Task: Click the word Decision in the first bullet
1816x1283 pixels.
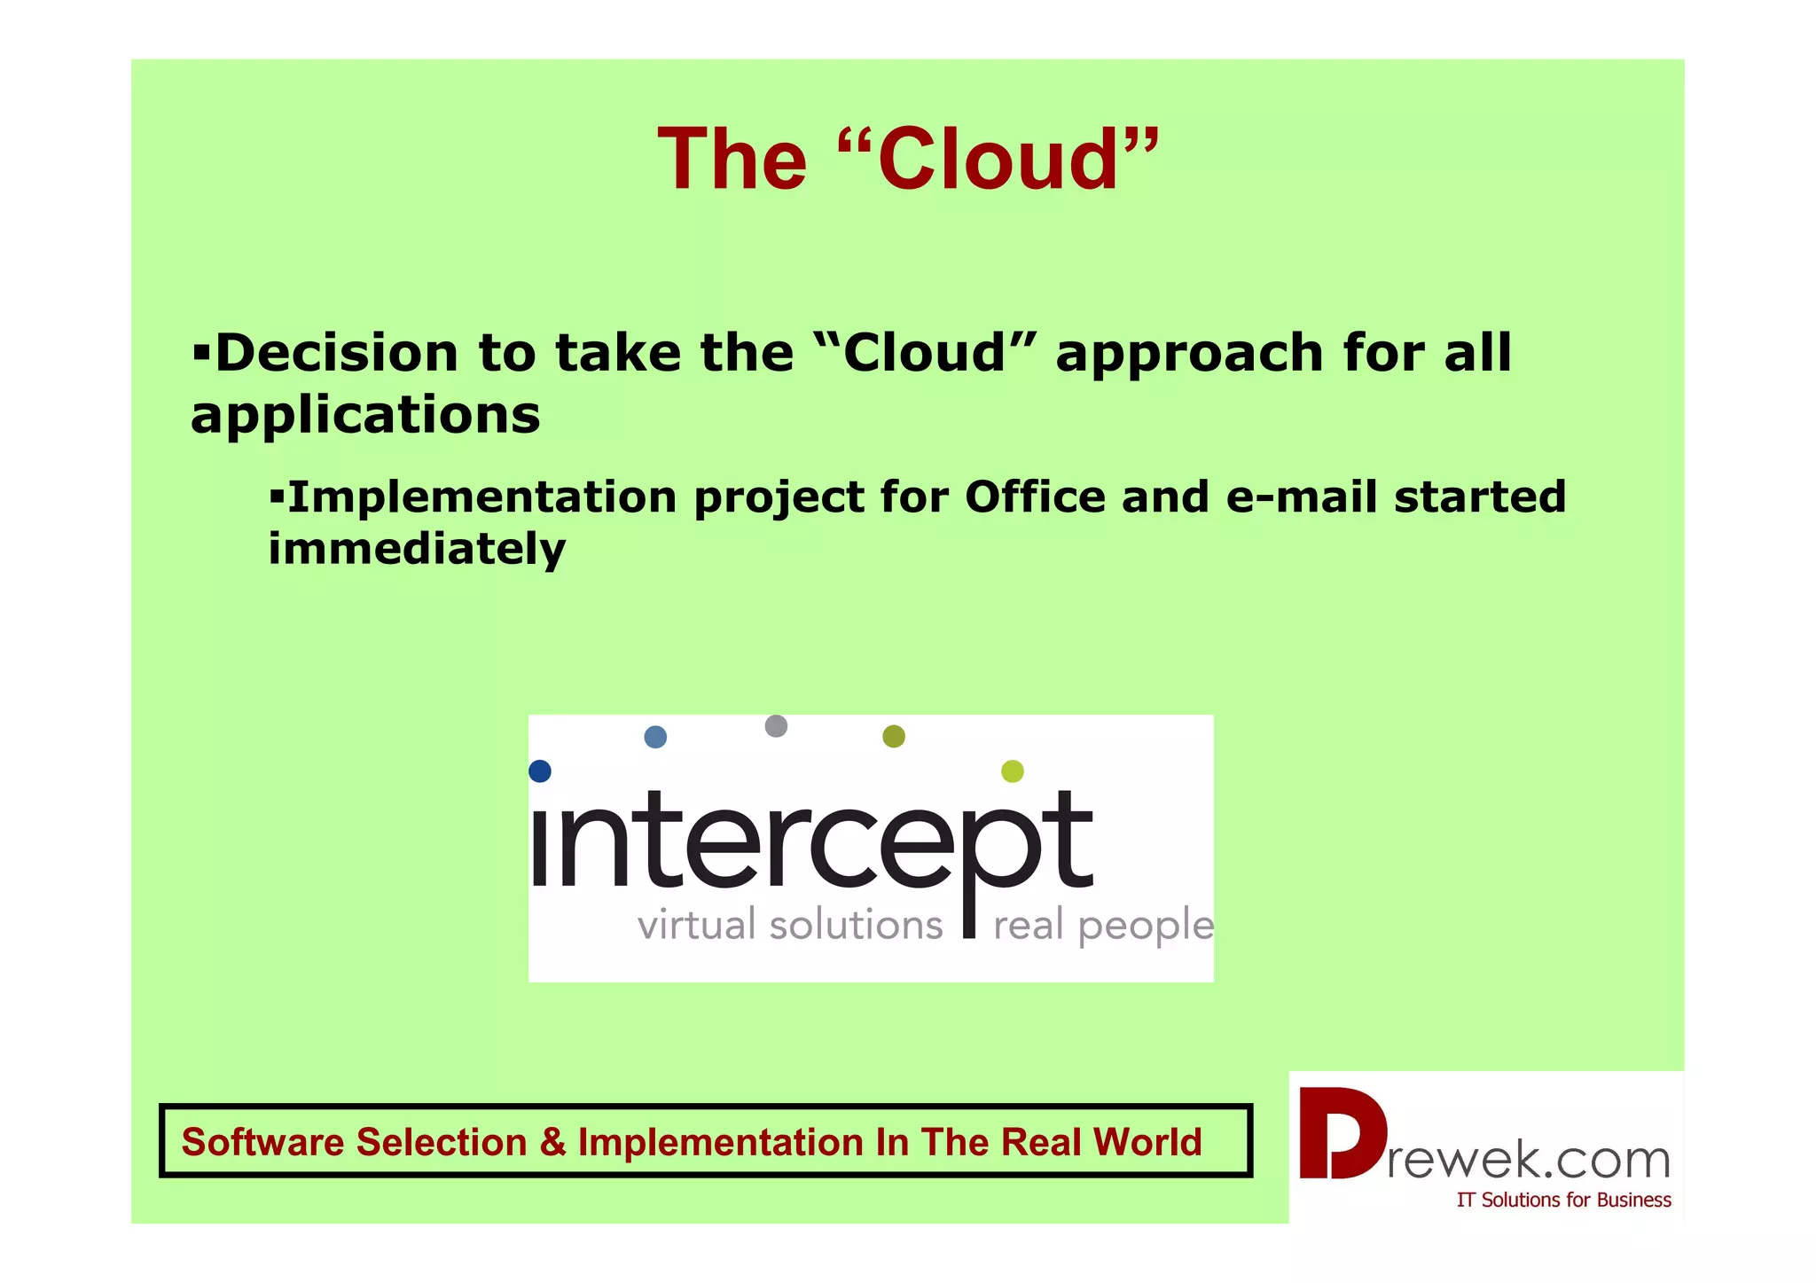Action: (x=337, y=353)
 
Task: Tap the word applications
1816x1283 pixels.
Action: (x=365, y=415)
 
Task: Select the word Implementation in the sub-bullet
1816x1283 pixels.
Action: (x=483, y=497)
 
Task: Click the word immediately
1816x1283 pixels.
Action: (x=417, y=549)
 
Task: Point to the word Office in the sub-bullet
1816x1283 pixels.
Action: (x=1035, y=497)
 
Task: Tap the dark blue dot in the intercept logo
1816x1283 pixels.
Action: (x=540, y=771)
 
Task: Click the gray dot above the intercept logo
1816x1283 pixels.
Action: (x=776, y=726)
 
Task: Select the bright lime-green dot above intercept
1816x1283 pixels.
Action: (x=1012, y=771)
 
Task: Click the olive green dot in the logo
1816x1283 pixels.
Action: (x=894, y=736)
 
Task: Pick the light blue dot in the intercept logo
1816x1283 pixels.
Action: (x=655, y=737)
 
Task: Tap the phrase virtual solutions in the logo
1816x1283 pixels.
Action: (x=789, y=926)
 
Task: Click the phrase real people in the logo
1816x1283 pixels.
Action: (x=1103, y=926)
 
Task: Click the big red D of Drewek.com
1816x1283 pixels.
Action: (x=1341, y=1135)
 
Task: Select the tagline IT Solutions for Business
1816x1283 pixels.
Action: (x=1563, y=1201)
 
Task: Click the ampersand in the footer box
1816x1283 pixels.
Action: (x=552, y=1142)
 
